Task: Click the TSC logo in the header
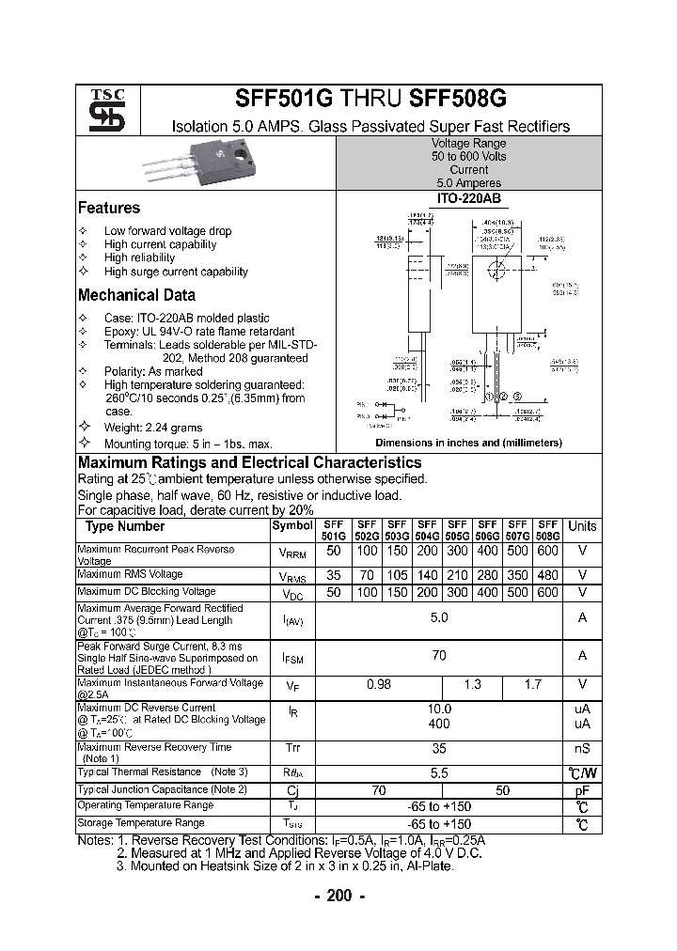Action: click(106, 110)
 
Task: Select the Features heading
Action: click(109, 208)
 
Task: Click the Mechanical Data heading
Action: click(136, 295)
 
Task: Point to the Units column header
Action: click(582, 526)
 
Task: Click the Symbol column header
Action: click(292, 526)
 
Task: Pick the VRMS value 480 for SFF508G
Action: click(547, 574)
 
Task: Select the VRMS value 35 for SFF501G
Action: click(334, 574)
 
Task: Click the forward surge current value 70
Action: click(439, 654)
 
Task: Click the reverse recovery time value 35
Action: click(439, 748)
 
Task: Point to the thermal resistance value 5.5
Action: click(439, 772)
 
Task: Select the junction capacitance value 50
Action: click(502, 790)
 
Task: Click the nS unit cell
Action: click(582, 749)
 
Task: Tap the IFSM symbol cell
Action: click(292, 658)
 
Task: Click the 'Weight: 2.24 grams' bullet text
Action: click(153, 428)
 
